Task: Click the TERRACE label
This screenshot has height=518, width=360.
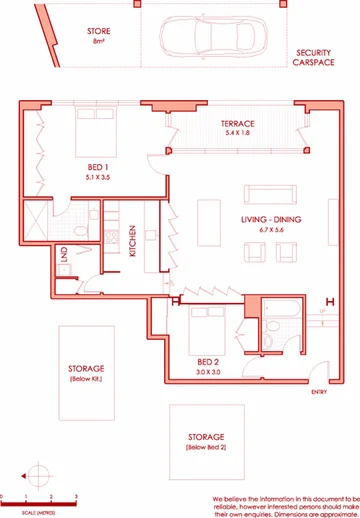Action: (237, 124)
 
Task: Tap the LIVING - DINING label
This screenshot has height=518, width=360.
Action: (264, 218)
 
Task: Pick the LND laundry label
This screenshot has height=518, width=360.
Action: (63, 254)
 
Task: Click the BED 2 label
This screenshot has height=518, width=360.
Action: (208, 360)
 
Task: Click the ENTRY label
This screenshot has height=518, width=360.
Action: (319, 392)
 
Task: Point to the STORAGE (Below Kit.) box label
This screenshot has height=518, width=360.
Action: (87, 372)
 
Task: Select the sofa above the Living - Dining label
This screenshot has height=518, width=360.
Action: (266, 194)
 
